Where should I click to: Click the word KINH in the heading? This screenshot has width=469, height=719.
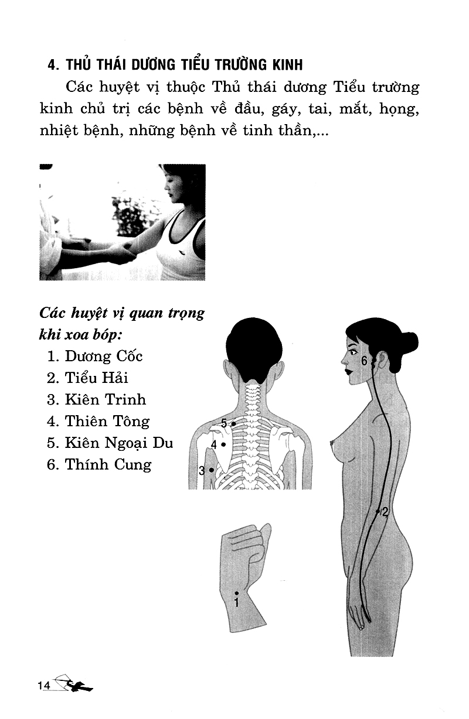pyautogui.click(x=287, y=65)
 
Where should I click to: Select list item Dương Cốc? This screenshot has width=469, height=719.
pyautogui.click(x=94, y=357)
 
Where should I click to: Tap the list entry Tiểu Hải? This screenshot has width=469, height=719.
pyautogui.click(x=87, y=378)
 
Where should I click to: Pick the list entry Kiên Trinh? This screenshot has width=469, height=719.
pyautogui.click(x=96, y=400)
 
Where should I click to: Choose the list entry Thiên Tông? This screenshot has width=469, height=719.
pyautogui.click(x=98, y=422)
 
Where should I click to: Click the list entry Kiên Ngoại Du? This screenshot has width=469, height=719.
pyautogui.click(x=110, y=443)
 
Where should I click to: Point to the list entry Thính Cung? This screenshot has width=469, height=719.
pyautogui.click(x=99, y=465)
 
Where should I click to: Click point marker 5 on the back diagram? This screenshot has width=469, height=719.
pyautogui.click(x=234, y=424)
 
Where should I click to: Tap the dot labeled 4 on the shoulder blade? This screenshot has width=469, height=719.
pyautogui.click(x=223, y=445)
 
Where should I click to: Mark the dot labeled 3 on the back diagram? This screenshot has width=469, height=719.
pyautogui.click(x=211, y=470)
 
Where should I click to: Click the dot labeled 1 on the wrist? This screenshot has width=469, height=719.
pyautogui.click(x=237, y=593)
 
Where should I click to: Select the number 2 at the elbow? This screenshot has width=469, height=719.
pyautogui.click(x=385, y=512)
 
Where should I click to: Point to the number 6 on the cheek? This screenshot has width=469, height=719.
pyautogui.click(x=364, y=361)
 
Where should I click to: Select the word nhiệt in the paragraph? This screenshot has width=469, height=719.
pyautogui.click(x=59, y=131)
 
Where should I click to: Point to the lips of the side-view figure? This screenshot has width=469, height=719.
pyautogui.click(x=348, y=371)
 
